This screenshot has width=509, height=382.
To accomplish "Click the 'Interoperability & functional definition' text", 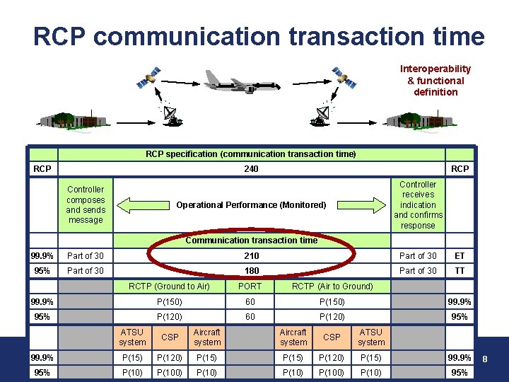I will [x=435, y=80].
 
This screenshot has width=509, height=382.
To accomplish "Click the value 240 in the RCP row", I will [x=251, y=169].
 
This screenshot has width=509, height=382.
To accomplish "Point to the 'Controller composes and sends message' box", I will [x=86, y=204].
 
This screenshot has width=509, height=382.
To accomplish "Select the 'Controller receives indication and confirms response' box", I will [x=418, y=205].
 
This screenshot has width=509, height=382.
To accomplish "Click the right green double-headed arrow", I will [x=368, y=205].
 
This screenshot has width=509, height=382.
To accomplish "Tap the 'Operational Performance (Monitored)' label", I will [x=251, y=205].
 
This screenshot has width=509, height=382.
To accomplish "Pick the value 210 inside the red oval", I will [x=251, y=256].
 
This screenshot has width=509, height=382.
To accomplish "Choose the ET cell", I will [x=460, y=256].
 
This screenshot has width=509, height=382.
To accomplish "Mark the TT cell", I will [x=460, y=271].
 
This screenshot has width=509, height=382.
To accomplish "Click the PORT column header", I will [x=250, y=286].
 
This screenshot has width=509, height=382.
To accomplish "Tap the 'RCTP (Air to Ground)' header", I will [x=332, y=286].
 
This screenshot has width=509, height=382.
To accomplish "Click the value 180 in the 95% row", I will [x=251, y=271].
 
